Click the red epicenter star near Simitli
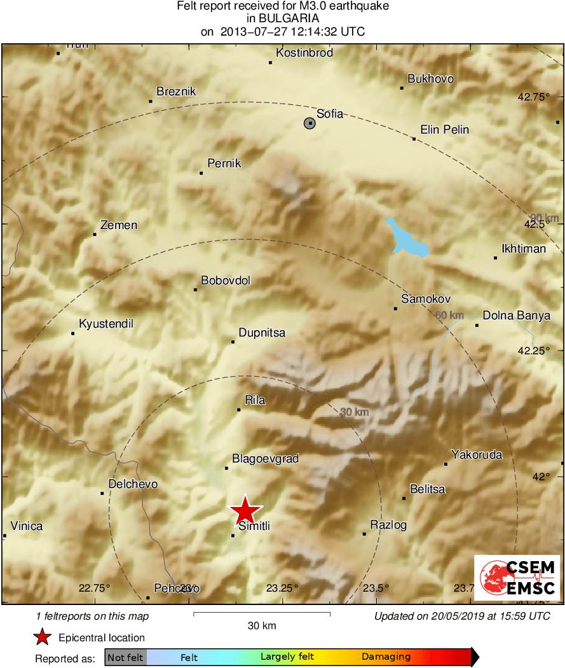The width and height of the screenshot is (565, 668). [245, 510]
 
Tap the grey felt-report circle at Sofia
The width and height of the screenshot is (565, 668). [310, 123]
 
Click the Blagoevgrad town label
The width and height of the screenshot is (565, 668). [265, 459]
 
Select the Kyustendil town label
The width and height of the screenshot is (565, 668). [106, 324]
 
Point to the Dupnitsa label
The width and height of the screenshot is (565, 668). [262, 333]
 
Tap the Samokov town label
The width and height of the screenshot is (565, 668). [426, 299]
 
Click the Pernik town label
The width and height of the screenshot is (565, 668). [224, 164]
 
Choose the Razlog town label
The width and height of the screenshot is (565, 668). [388, 525]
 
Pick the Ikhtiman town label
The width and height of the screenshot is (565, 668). [524, 249]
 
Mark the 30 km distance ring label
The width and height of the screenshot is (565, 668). [354, 412]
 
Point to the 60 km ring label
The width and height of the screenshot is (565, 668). [449, 315]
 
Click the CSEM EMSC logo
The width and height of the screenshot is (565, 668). [517, 578]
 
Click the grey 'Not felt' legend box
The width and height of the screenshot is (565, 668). [125, 657]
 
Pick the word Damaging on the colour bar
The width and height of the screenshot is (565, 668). [386, 657]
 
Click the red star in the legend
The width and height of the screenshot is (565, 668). [43, 637]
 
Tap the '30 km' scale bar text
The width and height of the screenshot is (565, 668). [262, 626]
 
